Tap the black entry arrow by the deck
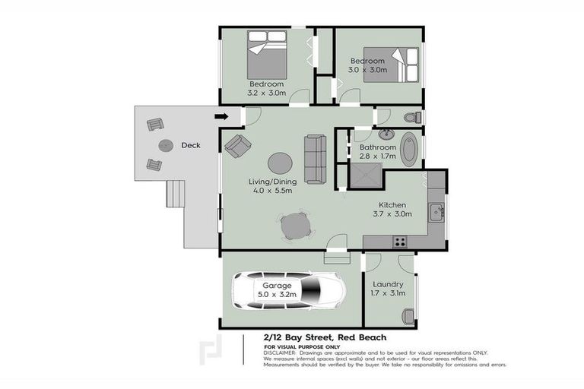pyautogui.click(x=221, y=116)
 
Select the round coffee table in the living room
pyautogui.click(x=279, y=163)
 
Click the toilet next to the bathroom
pyautogui.click(x=411, y=118)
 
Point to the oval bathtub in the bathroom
pyautogui.click(x=409, y=150)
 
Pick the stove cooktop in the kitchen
pyautogui.click(x=398, y=242)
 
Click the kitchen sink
pyautogui.click(x=436, y=211)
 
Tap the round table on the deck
pyautogui.click(x=165, y=145)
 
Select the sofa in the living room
pyautogui.click(x=315, y=159)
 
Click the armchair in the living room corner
pyautogui.click(x=237, y=145)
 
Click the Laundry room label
pyautogui.click(x=388, y=284)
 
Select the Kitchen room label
pyautogui.click(x=393, y=205)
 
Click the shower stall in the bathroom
pyautogui.click(x=365, y=177)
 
